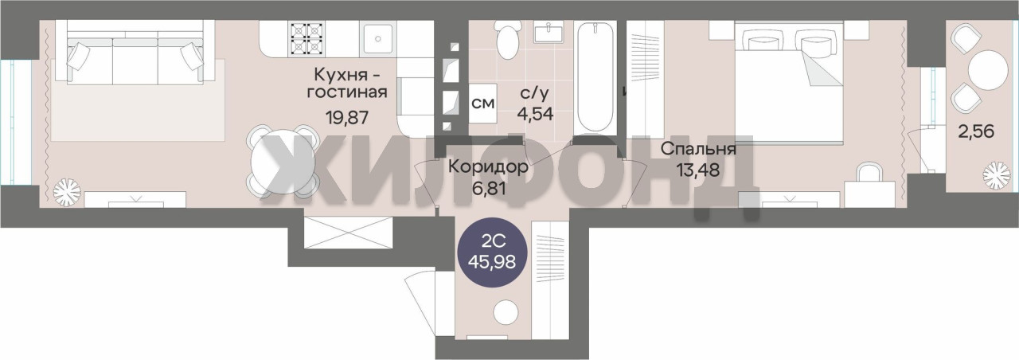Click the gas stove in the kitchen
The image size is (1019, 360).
coord(307,38)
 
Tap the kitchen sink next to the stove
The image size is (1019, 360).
coord(378,38)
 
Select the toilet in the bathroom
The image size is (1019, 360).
coord(509,40)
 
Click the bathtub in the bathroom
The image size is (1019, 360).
coord(595,77)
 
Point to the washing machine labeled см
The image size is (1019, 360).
coord(482,103)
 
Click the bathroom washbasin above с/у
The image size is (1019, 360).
coord(549,32)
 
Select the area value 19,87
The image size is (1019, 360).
coord(346,117)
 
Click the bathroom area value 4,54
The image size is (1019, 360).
coord(535,113)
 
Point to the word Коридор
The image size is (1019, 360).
coord(488,167)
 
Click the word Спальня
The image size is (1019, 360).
coord(698,149)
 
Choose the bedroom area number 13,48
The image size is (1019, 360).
coord(698,170)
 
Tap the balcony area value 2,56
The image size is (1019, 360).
coord(976,131)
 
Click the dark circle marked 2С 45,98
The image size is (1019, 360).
coord(492,252)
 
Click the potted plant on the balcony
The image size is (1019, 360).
coord(996,176)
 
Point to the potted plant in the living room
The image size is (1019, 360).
coord(67,192)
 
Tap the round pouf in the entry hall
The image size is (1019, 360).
coord(506,312)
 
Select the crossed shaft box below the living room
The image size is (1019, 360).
coord(348,233)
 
